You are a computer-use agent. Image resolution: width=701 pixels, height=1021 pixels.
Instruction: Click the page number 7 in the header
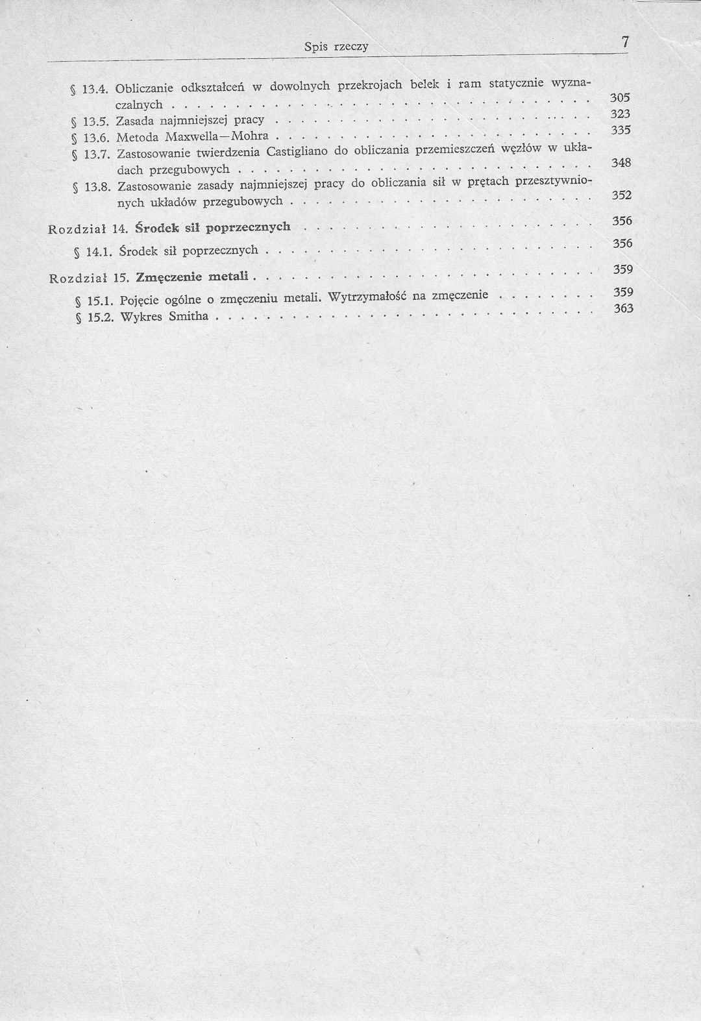[624, 42]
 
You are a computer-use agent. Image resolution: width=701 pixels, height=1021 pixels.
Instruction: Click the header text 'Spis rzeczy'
[336, 47]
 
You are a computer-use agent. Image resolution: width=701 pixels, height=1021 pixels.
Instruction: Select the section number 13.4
[95, 88]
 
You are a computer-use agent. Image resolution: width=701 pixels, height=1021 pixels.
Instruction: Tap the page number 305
[621, 98]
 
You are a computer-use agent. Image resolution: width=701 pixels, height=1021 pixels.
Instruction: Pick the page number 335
[621, 130]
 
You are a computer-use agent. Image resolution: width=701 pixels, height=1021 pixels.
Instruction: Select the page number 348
[621, 164]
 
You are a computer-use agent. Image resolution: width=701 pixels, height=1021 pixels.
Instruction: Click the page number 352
[622, 195]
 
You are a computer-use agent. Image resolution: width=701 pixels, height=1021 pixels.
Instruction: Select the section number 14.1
[97, 251]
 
